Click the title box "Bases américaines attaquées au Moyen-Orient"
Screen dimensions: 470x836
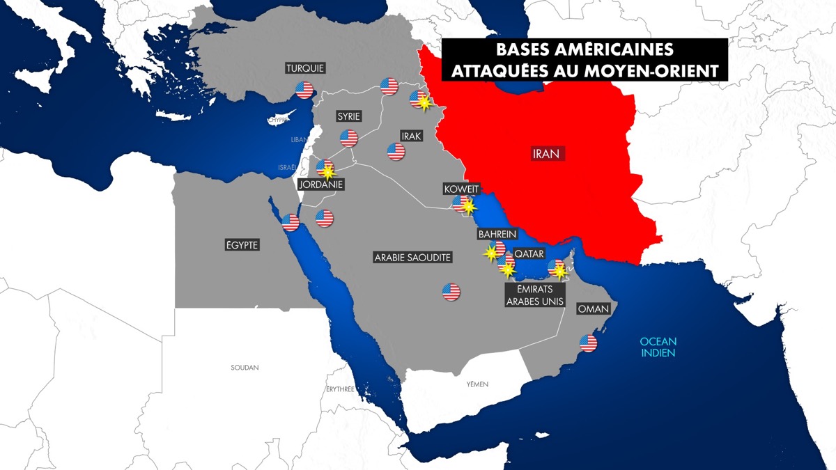(x=585, y=60)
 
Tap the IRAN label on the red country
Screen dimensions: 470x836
(x=547, y=154)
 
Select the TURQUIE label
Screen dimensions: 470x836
(x=305, y=68)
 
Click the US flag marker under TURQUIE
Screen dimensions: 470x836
(x=304, y=89)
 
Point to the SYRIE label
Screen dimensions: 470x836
(x=348, y=116)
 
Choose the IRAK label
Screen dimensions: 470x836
(x=411, y=136)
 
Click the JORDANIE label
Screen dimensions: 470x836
(x=320, y=185)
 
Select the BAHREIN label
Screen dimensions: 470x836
(x=497, y=234)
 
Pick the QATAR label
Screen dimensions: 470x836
(x=529, y=254)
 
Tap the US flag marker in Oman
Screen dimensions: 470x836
(x=589, y=343)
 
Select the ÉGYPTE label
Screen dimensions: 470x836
(x=242, y=244)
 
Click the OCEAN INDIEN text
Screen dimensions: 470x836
(x=660, y=347)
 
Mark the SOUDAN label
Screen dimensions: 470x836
(x=245, y=367)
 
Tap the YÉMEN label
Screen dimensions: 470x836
(x=477, y=384)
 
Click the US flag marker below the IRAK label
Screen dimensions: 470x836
(x=396, y=151)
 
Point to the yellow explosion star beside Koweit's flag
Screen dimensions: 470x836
(x=470, y=207)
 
